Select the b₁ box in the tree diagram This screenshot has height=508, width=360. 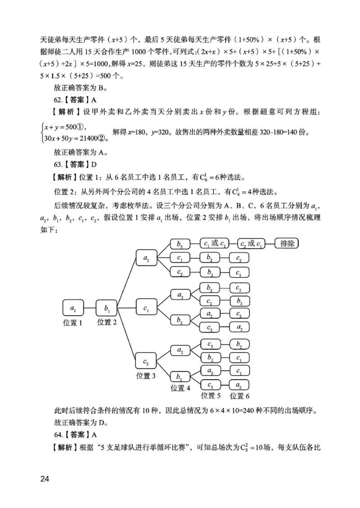coord(107,308)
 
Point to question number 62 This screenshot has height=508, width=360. coord(58,100)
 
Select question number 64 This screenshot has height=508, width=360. coord(58,435)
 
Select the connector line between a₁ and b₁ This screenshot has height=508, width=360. coord(90,308)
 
